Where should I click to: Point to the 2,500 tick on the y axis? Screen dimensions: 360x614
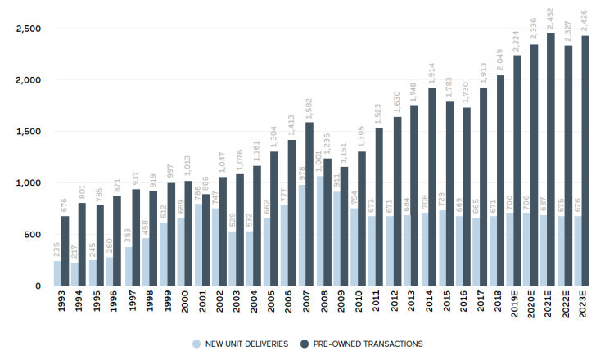[29, 29]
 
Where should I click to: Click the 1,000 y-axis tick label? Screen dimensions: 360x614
[29, 183]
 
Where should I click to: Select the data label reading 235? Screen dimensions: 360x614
[58, 248]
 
